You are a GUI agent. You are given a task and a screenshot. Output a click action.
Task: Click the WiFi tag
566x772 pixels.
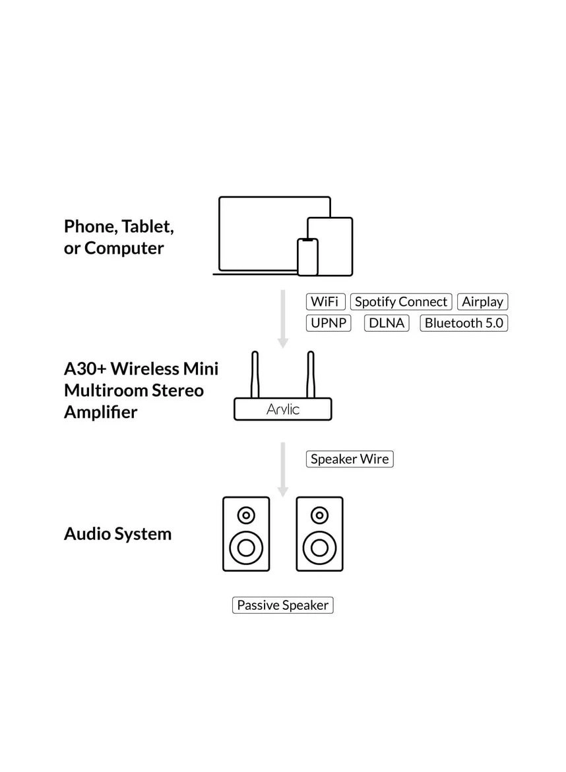pyautogui.click(x=325, y=302)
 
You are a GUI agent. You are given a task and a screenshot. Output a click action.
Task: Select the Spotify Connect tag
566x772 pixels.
pyautogui.click(x=401, y=302)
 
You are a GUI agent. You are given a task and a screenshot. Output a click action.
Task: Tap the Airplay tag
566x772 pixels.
pyautogui.click(x=482, y=302)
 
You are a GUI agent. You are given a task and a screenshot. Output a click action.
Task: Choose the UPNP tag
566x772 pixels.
pyautogui.click(x=329, y=323)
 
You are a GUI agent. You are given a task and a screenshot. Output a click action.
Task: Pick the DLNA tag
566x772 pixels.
pyautogui.click(x=387, y=323)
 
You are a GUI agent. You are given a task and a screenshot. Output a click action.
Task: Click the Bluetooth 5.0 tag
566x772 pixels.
pyautogui.click(x=464, y=323)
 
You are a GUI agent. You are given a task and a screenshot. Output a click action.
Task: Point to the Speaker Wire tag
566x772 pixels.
pyautogui.click(x=350, y=460)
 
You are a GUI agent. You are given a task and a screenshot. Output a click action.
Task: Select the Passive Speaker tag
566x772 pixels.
pyautogui.click(x=282, y=605)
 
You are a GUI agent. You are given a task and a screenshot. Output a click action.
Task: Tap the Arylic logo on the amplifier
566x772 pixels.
pyautogui.click(x=283, y=409)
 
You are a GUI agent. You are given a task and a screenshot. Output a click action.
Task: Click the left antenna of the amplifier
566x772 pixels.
pyautogui.click(x=255, y=374)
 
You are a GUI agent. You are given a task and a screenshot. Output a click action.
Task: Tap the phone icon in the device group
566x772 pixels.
pyautogui.click(x=307, y=257)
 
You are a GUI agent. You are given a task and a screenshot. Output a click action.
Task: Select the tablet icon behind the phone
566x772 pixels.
pyautogui.click(x=335, y=237)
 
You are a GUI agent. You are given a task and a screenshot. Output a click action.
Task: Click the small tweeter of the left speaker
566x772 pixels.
pyautogui.click(x=246, y=515)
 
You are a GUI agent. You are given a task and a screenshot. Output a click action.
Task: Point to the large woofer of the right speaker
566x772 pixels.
pyautogui.click(x=320, y=547)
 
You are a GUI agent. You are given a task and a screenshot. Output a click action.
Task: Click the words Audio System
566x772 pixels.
pyautogui.click(x=117, y=534)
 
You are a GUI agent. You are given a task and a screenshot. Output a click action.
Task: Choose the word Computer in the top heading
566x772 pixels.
pyautogui.click(x=124, y=249)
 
